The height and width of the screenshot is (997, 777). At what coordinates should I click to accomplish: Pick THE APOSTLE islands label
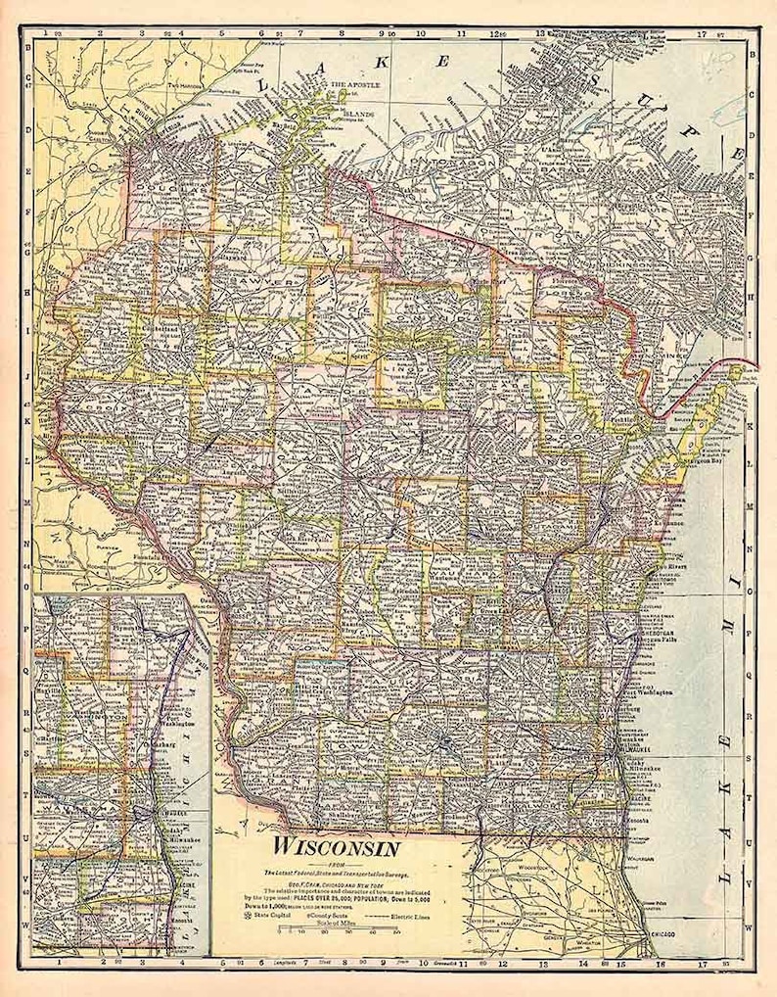(352, 85)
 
